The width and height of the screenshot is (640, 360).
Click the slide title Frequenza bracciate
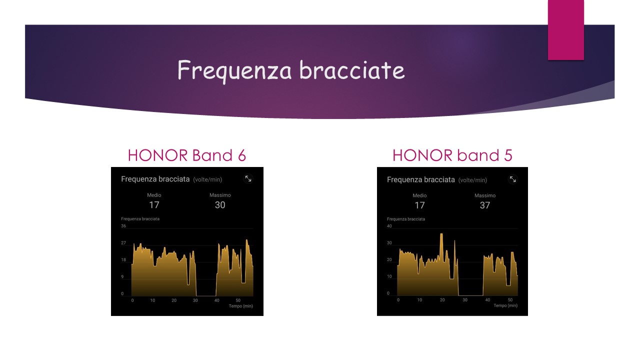click(x=291, y=70)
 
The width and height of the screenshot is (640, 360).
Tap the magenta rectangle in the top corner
click(x=565, y=29)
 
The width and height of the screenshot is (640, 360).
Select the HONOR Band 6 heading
click(x=187, y=155)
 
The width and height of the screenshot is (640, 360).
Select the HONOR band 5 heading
click(x=452, y=155)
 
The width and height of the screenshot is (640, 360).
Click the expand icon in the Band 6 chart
click(x=248, y=179)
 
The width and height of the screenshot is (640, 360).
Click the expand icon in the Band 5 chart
click(x=513, y=179)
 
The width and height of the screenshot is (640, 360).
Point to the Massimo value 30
click(x=220, y=205)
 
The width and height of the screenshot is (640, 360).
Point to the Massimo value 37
click(x=485, y=205)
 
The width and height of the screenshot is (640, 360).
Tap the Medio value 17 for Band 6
click(x=154, y=205)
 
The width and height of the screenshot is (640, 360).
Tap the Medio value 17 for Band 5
click(x=419, y=205)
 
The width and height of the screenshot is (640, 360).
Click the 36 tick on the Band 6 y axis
click(x=123, y=225)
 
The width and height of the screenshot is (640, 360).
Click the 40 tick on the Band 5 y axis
click(x=389, y=226)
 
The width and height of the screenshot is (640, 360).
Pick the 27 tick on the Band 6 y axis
click(x=123, y=243)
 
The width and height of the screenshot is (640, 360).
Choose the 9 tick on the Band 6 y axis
click(x=122, y=276)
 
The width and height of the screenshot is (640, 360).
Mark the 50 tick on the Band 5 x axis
click(x=510, y=299)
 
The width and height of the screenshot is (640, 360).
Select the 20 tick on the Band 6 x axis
click(x=174, y=300)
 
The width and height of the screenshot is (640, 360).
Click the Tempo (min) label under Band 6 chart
click(x=241, y=306)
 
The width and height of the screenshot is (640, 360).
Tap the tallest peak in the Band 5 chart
click(x=441, y=234)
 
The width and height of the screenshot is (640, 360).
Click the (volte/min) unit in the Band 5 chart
click(x=472, y=180)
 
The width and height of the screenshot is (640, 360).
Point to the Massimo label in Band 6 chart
click(x=220, y=195)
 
